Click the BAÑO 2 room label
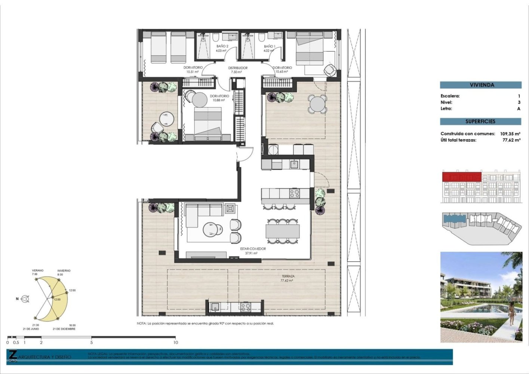tap(222, 48)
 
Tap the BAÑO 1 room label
tap(269, 48)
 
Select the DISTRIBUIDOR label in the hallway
tap(237, 70)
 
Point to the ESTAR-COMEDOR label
tap(252, 251)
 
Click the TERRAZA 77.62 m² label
tap(287, 278)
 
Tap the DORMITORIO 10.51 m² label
tap(193, 70)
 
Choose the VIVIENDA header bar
tap(480, 85)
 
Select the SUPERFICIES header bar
tap(480, 122)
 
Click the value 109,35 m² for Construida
tap(510, 134)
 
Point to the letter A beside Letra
tap(519, 108)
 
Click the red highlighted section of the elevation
tap(462, 177)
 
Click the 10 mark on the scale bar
tap(175, 342)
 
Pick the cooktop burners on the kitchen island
tap(294, 193)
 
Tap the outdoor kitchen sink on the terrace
tap(215, 307)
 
